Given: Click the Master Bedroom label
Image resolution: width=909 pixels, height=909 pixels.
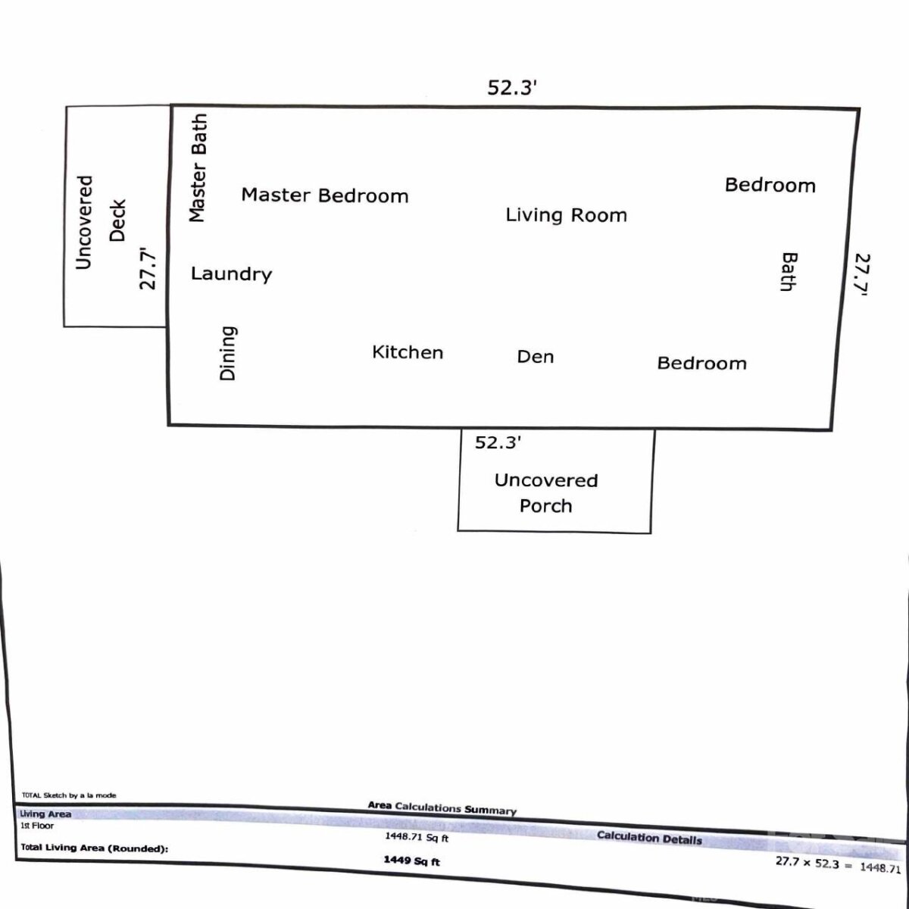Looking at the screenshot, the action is pyautogui.click(x=324, y=195).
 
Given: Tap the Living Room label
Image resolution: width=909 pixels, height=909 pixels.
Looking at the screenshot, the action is pyautogui.click(x=566, y=215).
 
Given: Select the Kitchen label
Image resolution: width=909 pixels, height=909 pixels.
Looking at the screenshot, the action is pyautogui.click(x=408, y=352).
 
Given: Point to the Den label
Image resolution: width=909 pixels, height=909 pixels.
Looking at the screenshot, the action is pyautogui.click(x=536, y=357).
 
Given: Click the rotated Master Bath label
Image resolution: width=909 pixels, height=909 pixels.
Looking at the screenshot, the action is pyautogui.click(x=198, y=168).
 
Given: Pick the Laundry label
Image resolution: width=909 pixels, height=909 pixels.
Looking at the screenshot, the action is pyautogui.click(x=231, y=274).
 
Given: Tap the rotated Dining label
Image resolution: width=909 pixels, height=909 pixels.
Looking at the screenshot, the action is pyautogui.click(x=228, y=353).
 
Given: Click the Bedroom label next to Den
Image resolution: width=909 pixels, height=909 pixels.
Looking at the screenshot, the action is pyautogui.click(x=702, y=364).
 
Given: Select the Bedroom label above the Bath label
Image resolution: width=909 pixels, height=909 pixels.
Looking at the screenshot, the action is pyautogui.click(x=770, y=185).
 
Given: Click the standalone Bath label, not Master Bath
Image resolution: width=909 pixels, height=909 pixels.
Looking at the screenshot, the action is pyautogui.click(x=789, y=272).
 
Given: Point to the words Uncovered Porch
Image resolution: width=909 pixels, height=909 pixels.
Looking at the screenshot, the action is pyautogui.click(x=546, y=493).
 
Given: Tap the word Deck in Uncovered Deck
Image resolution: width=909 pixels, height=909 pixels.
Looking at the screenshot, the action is pyautogui.click(x=117, y=220).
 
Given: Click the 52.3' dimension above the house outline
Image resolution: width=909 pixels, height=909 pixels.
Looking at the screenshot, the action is pyautogui.click(x=512, y=88).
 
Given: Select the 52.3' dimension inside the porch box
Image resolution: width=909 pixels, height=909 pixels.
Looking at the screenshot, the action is pyautogui.click(x=498, y=442).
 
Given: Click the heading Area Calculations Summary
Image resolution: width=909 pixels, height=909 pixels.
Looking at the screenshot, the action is pyautogui.click(x=442, y=807).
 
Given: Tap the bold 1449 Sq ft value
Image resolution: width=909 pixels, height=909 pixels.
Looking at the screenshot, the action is pyautogui.click(x=411, y=861).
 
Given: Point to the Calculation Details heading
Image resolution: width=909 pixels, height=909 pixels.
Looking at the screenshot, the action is pyautogui.click(x=649, y=838).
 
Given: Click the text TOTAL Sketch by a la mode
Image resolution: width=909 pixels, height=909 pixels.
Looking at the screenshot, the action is pyautogui.click(x=69, y=795).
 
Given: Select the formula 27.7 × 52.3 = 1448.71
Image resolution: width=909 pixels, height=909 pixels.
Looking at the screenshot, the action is pyautogui.click(x=839, y=864).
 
